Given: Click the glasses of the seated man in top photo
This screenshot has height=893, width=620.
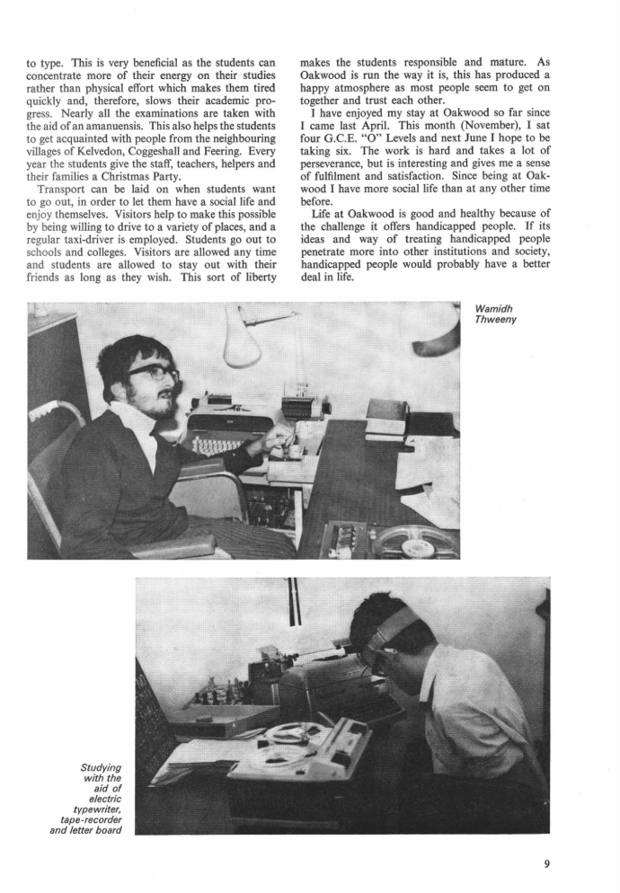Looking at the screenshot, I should (x=153, y=371).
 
